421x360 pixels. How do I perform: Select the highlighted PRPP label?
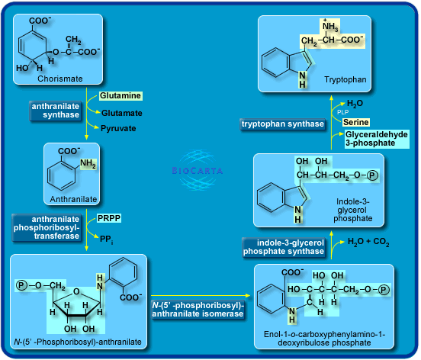pos(108,219)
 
